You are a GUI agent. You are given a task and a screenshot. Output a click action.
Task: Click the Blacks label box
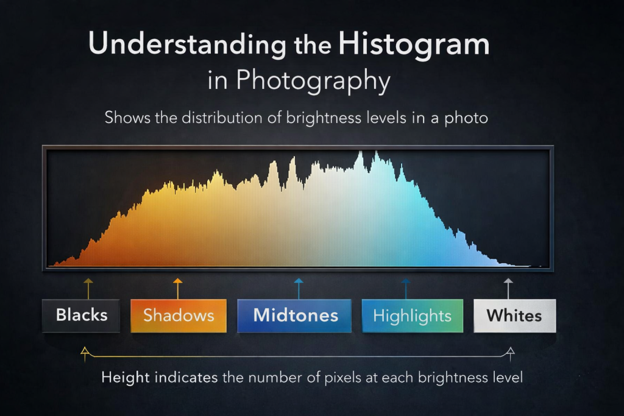click(x=81, y=316)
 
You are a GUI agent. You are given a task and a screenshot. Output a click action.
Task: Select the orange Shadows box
click(x=179, y=316)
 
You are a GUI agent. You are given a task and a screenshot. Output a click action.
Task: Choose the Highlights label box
click(x=412, y=316)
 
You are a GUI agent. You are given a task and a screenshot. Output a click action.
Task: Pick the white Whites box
click(x=514, y=316)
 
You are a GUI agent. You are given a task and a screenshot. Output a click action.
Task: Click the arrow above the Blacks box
click(x=88, y=287)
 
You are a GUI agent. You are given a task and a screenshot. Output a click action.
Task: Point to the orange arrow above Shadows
click(x=177, y=287)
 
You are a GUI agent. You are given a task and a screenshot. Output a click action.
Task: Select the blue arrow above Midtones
click(x=298, y=287)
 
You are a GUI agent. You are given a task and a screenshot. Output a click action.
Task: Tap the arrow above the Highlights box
click(x=405, y=287)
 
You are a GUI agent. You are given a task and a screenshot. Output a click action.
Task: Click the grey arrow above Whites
click(x=508, y=287)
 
